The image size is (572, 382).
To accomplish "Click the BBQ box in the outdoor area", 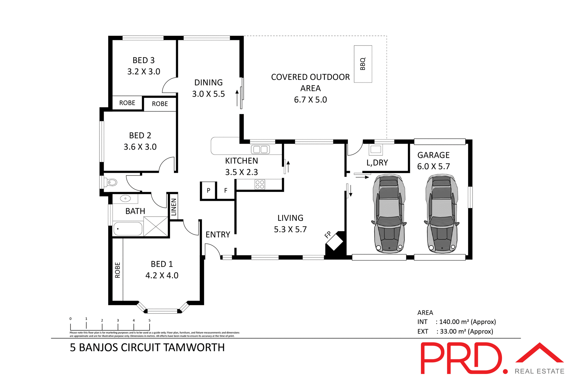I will tap(363, 64).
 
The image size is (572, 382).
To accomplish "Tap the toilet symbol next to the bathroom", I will tap(111, 182).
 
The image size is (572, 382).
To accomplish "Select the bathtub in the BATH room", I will tap(128, 229).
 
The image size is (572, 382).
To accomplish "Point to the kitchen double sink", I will tap(260, 149).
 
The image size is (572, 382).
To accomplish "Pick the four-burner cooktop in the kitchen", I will tap(260, 184).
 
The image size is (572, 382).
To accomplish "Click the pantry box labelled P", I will tap(209, 190).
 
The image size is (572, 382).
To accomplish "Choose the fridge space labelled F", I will tap(226, 190).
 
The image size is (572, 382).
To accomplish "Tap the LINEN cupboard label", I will tap(174, 207).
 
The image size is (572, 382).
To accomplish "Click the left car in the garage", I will tap(389, 214).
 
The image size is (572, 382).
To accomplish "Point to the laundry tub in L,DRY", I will tap(376, 149).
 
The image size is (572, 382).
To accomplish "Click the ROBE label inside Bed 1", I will tap(118, 270).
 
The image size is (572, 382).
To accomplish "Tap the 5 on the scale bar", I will tap(150, 321).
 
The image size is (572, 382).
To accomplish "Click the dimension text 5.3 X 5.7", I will tap(290, 229).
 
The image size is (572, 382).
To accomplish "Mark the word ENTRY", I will tap(218, 235).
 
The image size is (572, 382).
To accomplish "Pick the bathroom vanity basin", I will tap(125, 198).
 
